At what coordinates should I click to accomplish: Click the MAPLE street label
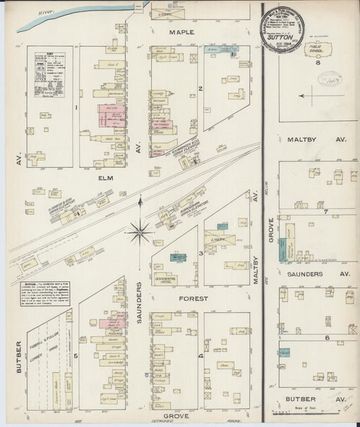pos(182,32)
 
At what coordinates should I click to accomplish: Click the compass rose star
pos(140,232)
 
